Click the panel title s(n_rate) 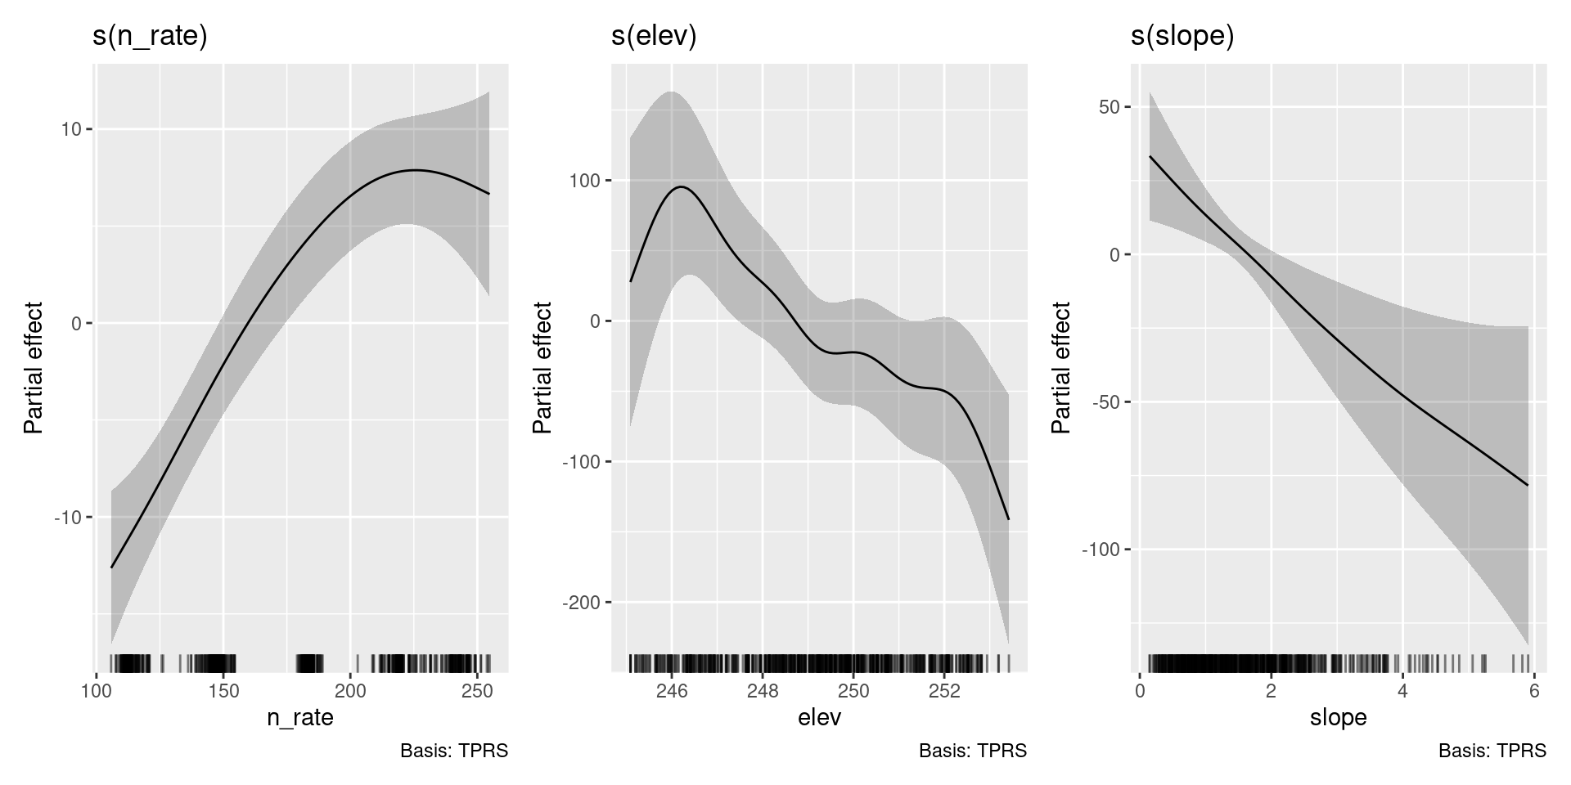[x=150, y=37]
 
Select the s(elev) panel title [x=654, y=37]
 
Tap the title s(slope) [x=1182, y=37]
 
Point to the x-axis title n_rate [x=300, y=718]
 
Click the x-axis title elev [x=819, y=718]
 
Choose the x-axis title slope [x=1338, y=718]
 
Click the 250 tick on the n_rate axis [x=477, y=692]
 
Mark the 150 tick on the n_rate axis [x=223, y=692]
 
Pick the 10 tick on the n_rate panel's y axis [x=71, y=129]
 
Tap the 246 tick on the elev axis [x=671, y=692]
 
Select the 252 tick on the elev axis [x=944, y=692]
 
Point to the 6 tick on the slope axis [x=1534, y=692]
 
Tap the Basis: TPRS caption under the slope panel [x=1492, y=751]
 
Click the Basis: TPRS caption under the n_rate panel [x=454, y=751]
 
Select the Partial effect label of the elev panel [x=542, y=368]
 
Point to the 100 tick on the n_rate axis [x=97, y=692]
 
